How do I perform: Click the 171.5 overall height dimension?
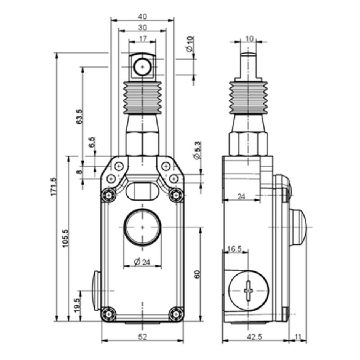[x=53, y=187]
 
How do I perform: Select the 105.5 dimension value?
[x=66, y=239]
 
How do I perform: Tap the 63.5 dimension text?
[x=79, y=116]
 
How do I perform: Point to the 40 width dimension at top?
[x=142, y=16]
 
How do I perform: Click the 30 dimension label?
[x=142, y=28]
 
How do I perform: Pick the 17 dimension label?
[x=143, y=39]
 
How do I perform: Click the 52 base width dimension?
[x=142, y=337]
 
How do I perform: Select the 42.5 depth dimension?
[x=254, y=337]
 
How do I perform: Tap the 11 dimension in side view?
[x=298, y=337]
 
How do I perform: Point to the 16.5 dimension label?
[x=234, y=249]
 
